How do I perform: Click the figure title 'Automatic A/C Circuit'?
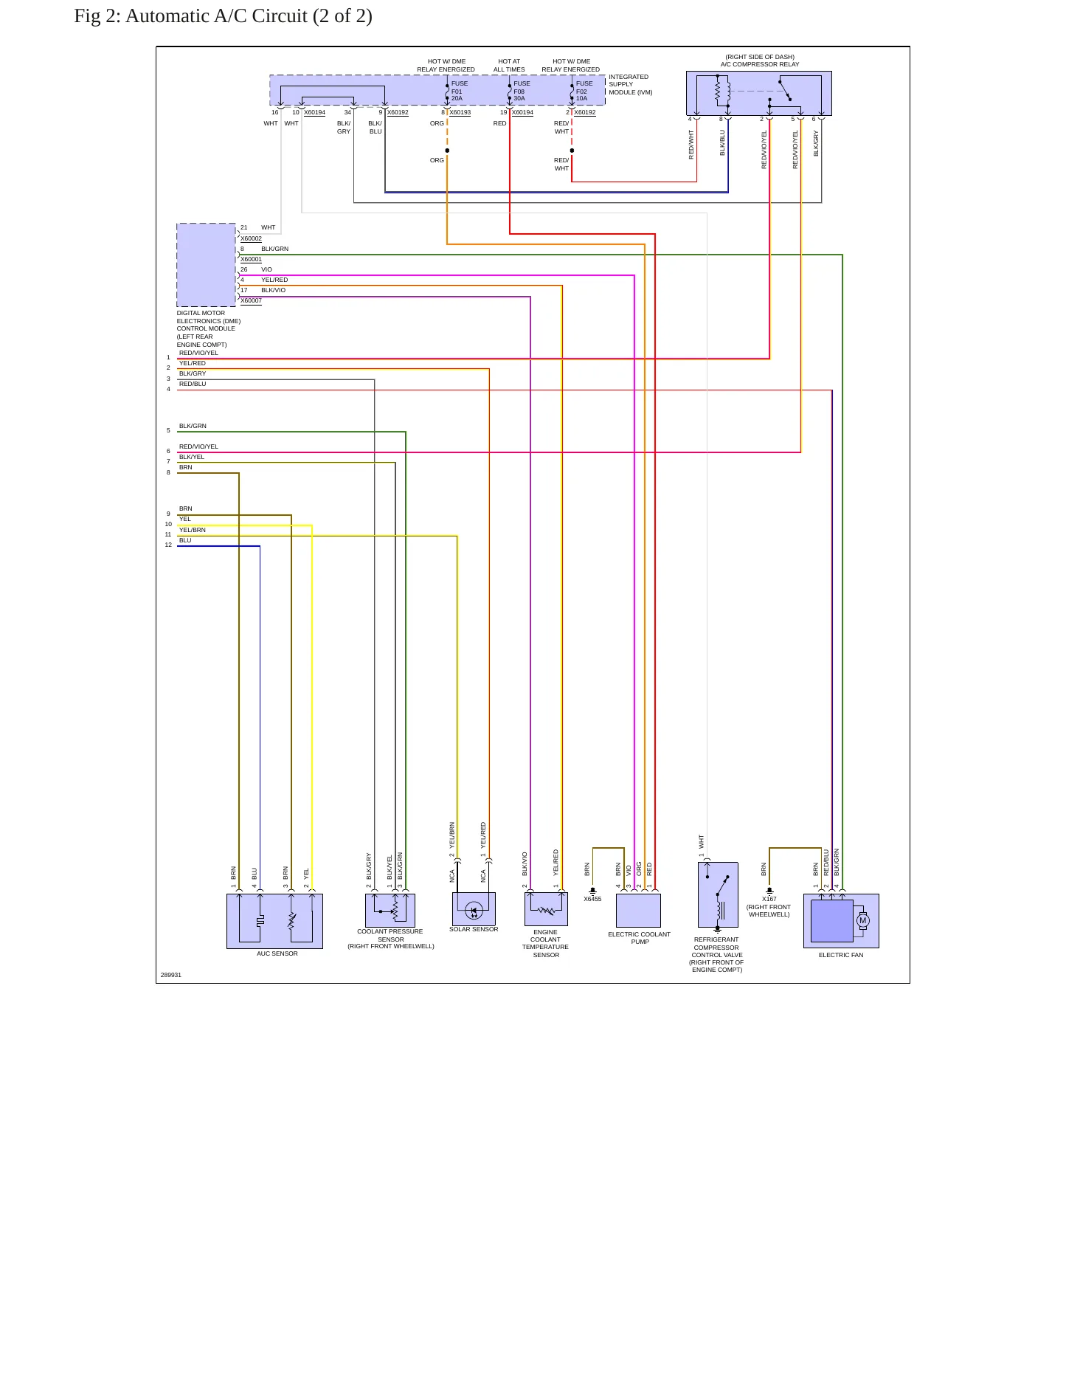pyautogui.click(x=216, y=16)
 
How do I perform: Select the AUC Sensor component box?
pyautogui.click(x=274, y=921)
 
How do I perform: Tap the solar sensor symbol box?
pyautogui.click(x=474, y=908)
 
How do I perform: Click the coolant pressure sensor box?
pyautogui.click(x=390, y=911)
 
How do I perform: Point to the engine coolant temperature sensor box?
pyautogui.click(x=546, y=909)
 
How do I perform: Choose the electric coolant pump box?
pyautogui.click(x=638, y=911)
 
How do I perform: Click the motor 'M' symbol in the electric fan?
pyautogui.click(x=862, y=920)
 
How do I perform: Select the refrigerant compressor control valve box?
pyautogui.click(x=718, y=895)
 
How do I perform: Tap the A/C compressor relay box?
pyautogui.click(x=758, y=93)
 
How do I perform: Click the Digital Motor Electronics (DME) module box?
pyautogui.click(x=206, y=265)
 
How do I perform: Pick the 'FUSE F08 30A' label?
pyautogui.click(x=522, y=91)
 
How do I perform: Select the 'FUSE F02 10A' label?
pyautogui.click(x=584, y=91)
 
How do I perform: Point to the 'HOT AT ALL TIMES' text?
pyautogui.click(x=509, y=66)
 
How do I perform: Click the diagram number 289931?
pyautogui.click(x=171, y=975)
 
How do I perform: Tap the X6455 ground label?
pyautogui.click(x=592, y=899)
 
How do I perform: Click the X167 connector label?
pyautogui.click(x=769, y=899)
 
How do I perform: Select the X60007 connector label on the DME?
pyautogui.click(x=251, y=300)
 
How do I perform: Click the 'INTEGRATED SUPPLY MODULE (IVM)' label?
pyautogui.click(x=629, y=84)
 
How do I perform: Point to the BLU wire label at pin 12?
pyautogui.click(x=185, y=540)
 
